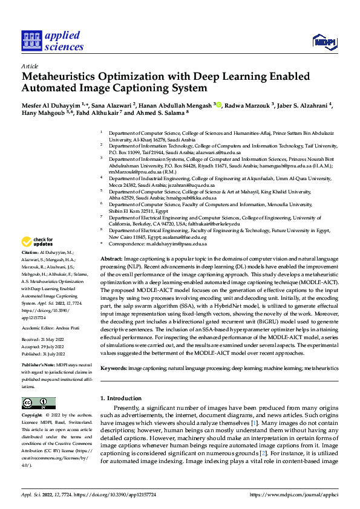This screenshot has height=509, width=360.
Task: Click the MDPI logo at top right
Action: click(x=324, y=41)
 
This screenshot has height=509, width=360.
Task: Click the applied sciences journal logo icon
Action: click(x=30, y=40)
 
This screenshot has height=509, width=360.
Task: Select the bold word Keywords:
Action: click(x=114, y=368)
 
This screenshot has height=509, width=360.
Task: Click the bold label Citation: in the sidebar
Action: click(x=30, y=268)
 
